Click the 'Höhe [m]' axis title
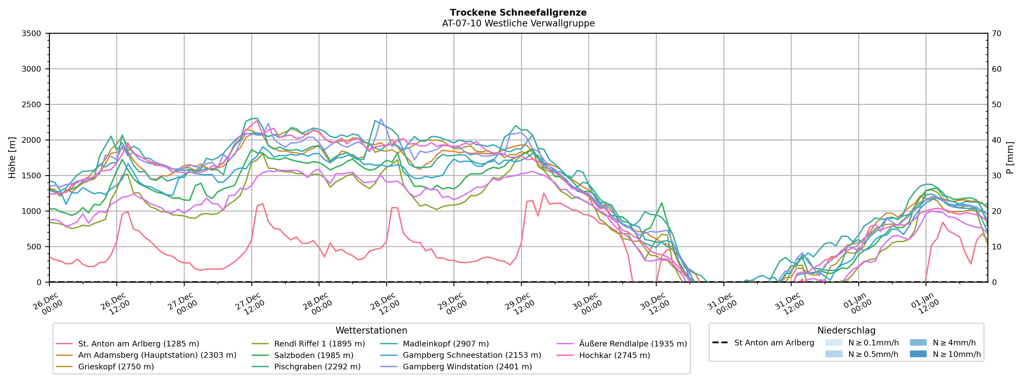click(x=12, y=158)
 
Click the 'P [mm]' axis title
click(x=1010, y=158)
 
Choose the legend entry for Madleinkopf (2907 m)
click(x=446, y=344)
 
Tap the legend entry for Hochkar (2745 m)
click(x=614, y=355)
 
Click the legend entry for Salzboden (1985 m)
click(x=313, y=355)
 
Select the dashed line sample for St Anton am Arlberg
click(x=720, y=343)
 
